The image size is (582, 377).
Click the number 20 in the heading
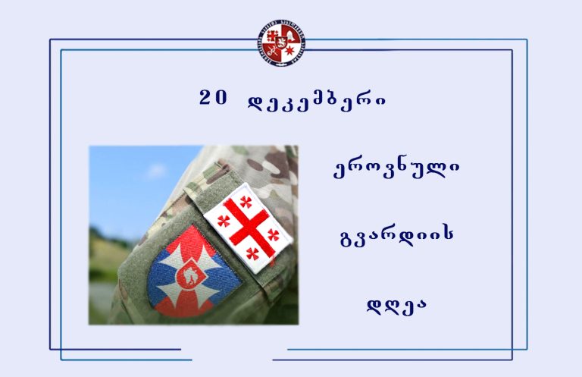[213, 98]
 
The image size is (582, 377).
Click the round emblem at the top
[281, 43]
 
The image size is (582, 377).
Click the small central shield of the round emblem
[281, 42]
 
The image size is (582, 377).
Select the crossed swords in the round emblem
[273, 52]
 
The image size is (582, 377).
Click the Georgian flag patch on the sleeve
[248, 228]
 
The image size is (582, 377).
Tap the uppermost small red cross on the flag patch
[246, 202]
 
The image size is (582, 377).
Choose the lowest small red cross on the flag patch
[252, 253]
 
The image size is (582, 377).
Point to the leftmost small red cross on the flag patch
[224, 221]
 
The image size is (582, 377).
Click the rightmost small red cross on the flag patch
[274, 234]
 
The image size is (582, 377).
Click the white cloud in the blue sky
[156, 171]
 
